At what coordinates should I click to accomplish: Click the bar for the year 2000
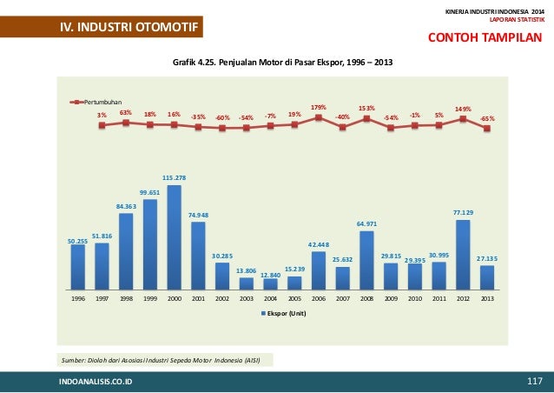[175, 236]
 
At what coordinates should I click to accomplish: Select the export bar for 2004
[271, 283]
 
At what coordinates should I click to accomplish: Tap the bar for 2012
[463, 254]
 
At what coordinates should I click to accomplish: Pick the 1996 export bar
[78, 266]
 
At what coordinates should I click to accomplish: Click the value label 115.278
[175, 177]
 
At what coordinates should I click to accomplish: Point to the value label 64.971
[367, 223]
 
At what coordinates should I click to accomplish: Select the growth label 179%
[318, 107]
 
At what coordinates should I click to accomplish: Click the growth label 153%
[366, 107]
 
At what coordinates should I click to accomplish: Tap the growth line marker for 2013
[487, 129]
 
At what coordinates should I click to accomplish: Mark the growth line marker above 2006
[319, 117]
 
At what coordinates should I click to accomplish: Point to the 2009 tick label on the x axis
[391, 297]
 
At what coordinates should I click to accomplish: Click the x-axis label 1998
[126, 297]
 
